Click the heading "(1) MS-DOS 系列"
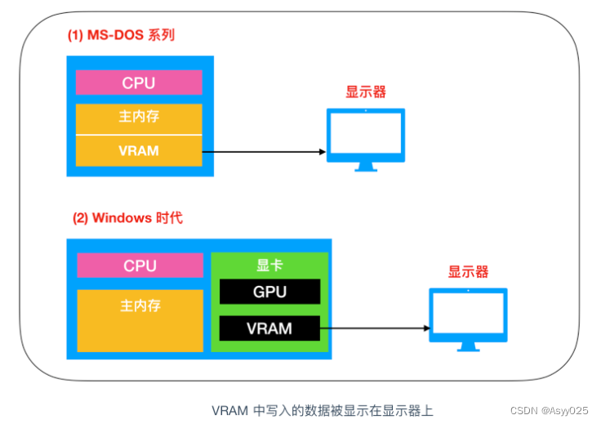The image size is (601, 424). (x=121, y=36)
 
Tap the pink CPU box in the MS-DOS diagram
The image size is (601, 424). (x=139, y=83)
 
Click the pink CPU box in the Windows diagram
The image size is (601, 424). (x=140, y=266)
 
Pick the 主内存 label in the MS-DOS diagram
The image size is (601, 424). (x=139, y=117)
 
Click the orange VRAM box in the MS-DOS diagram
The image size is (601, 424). (x=139, y=151)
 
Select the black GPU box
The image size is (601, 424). (x=269, y=292)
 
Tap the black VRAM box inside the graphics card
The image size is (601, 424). (x=269, y=328)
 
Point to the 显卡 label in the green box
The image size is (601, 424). (x=269, y=265)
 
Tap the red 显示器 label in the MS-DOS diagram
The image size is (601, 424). (x=366, y=92)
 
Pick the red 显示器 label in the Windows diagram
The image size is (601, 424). (x=469, y=272)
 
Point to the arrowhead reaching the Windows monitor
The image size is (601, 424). (x=425, y=328)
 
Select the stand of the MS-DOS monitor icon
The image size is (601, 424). (x=365, y=166)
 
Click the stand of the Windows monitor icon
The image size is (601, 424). (x=469, y=346)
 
